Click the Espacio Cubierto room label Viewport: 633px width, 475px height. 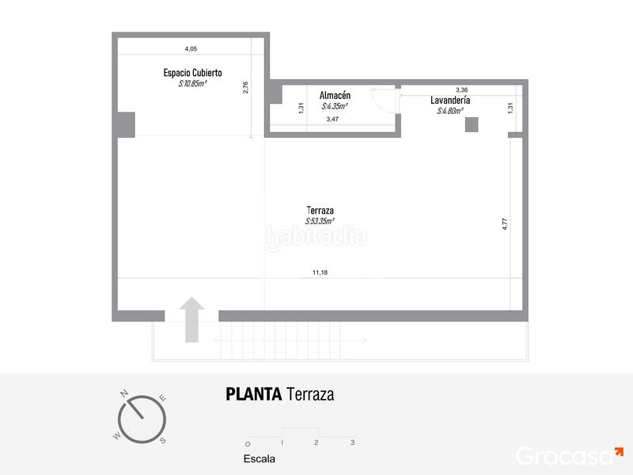tap(192, 73)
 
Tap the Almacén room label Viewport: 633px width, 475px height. tap(335, 95)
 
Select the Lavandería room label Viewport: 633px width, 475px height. tap(450, 101)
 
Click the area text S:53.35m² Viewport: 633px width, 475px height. tap(320, 221)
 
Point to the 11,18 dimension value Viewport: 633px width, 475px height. tap(320, 272)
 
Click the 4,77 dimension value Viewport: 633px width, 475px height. tap(505, 224)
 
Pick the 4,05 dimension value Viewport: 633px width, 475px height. tap(191, 49)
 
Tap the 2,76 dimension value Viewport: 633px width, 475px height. tap(245, 88)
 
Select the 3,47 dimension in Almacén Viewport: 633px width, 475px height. tap(332, 120)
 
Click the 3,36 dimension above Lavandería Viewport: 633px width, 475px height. tap(462, 90)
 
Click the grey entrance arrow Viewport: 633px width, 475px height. tap(191, 320)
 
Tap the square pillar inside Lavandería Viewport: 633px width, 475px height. tap(472, 125)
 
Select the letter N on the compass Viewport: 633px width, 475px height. tap(124, 393)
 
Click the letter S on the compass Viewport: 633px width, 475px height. tap(163, 440)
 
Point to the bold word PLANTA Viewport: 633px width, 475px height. tap(253, 394)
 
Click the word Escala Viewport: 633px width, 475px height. tap(260, 459)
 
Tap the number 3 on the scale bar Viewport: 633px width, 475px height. tap(352, 443)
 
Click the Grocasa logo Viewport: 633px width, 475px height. tap(569, 456)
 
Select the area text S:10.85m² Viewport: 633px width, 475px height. tap(192, 84)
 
